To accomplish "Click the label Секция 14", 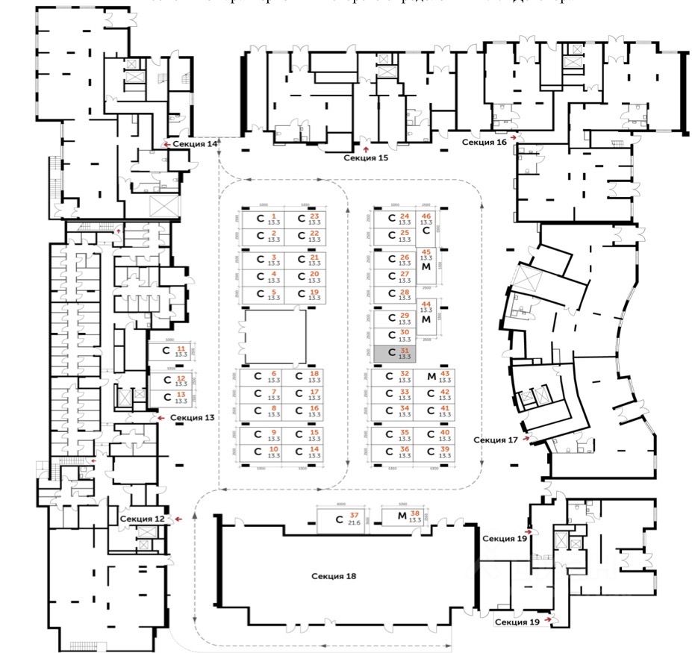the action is pos(195,143).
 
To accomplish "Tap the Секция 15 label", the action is pos(366,158).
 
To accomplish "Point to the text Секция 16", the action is pos(484,141).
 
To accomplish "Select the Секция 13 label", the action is pos(193,418).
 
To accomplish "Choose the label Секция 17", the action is pos(496,440).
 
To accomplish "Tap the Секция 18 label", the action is pos(334,576).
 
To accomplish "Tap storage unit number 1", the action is pos(266,219).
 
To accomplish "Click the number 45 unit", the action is pos(426,261).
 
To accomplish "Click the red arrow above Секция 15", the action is pos(365,149).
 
